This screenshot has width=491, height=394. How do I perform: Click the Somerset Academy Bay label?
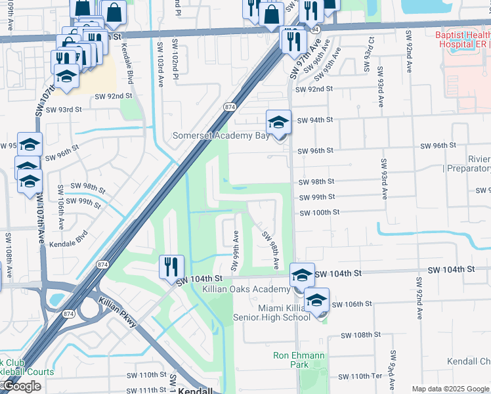click(221, 136)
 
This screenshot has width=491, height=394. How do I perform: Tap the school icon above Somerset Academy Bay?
click(278, 123)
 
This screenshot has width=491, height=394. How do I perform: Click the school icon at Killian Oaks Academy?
click(302, 274)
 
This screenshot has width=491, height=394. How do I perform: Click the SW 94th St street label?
click(315, 120)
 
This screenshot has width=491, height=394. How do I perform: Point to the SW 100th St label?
click(320, 212)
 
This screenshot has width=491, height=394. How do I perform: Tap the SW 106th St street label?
click(352, 304)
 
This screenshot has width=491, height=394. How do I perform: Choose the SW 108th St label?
click(362, 335)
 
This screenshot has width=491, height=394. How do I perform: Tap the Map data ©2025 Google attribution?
click(450, 389)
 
